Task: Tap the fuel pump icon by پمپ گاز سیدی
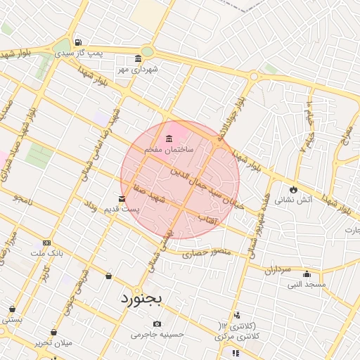(x=77, y=42)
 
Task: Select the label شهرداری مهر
(x=138, y=69)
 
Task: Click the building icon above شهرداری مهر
(x=138, y=58)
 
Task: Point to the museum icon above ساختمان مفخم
(x=169, y=139)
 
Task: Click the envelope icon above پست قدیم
(x=122, y=199)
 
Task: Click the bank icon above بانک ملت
(x=46, y=242)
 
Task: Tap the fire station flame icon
(x=293, y=189)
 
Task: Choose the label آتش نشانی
(x=289, y=199)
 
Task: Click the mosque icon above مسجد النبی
(x=307, y=274)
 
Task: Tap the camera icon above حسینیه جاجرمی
(x=157, y=323)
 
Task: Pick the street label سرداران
(x=278, y=269)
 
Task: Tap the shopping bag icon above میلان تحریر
(x=53, y=332)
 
